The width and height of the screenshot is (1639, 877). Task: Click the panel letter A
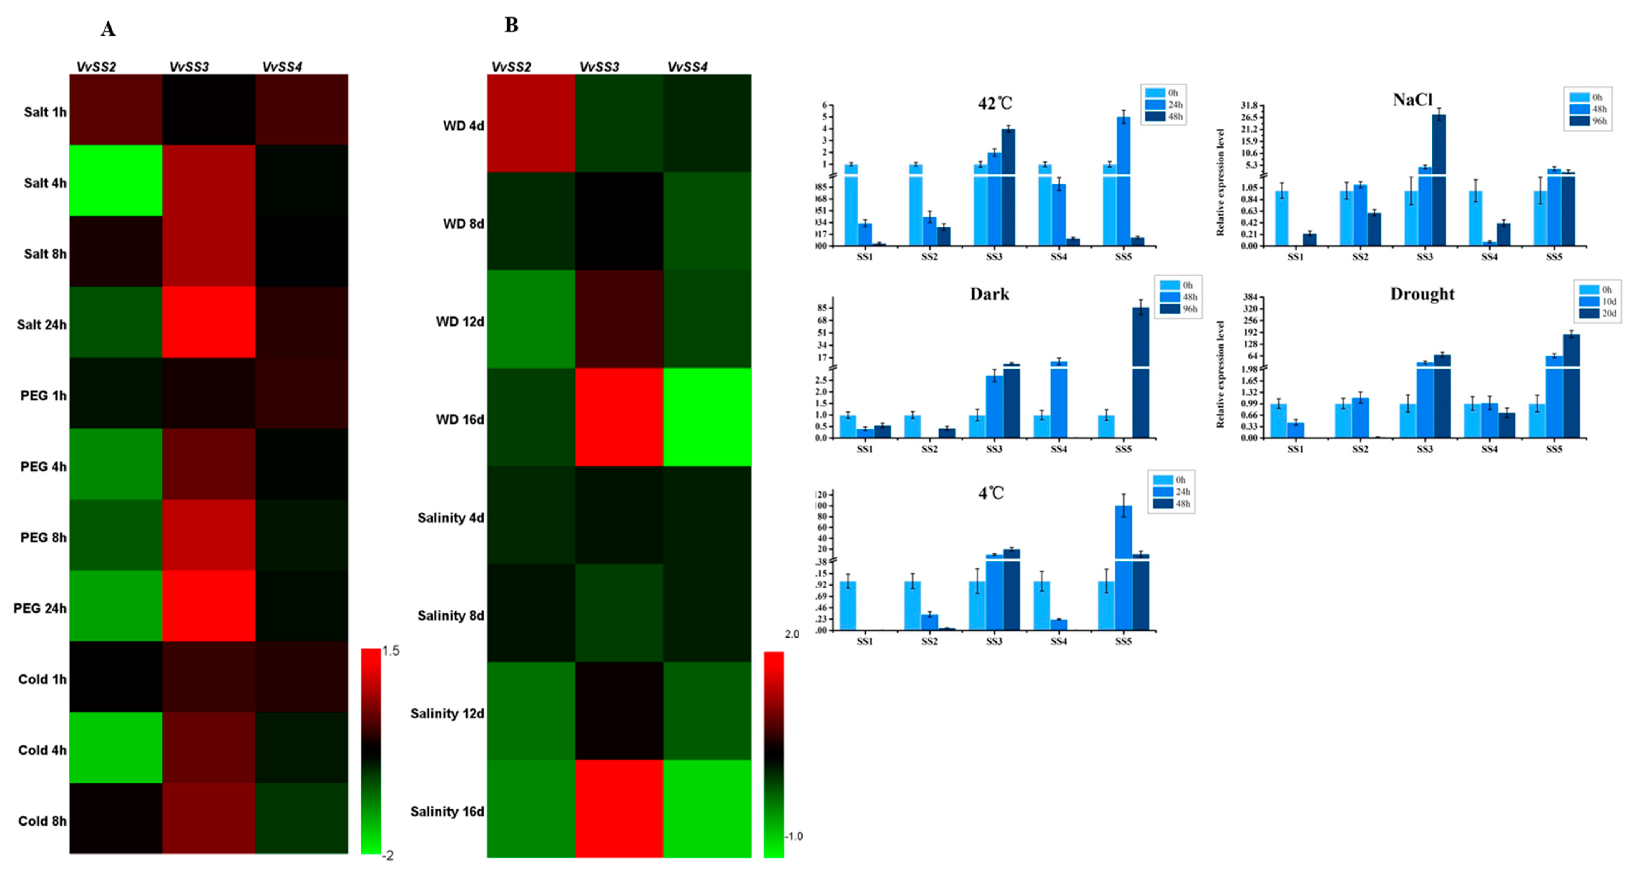pyautogui.click(x=108, y=29)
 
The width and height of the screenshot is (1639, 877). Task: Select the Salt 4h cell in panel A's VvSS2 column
pyautogui.click(x=116, y=181)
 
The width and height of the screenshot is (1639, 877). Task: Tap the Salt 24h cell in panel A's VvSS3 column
pyautogui.click(x=209, y=322)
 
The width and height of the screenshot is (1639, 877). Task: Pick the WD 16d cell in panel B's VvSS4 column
pyautogui.click(x=707, y=417)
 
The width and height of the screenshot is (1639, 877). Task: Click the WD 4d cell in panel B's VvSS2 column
pyautogui.click(x=531, y=124)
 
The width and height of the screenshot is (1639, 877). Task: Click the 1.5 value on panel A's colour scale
pyautogui.click(x=391, y=651)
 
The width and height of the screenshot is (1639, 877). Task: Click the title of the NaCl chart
pyautogui.click(x=1412, y=100)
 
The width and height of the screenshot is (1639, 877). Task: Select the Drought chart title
pyautogui.click(x=1422, y=294)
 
